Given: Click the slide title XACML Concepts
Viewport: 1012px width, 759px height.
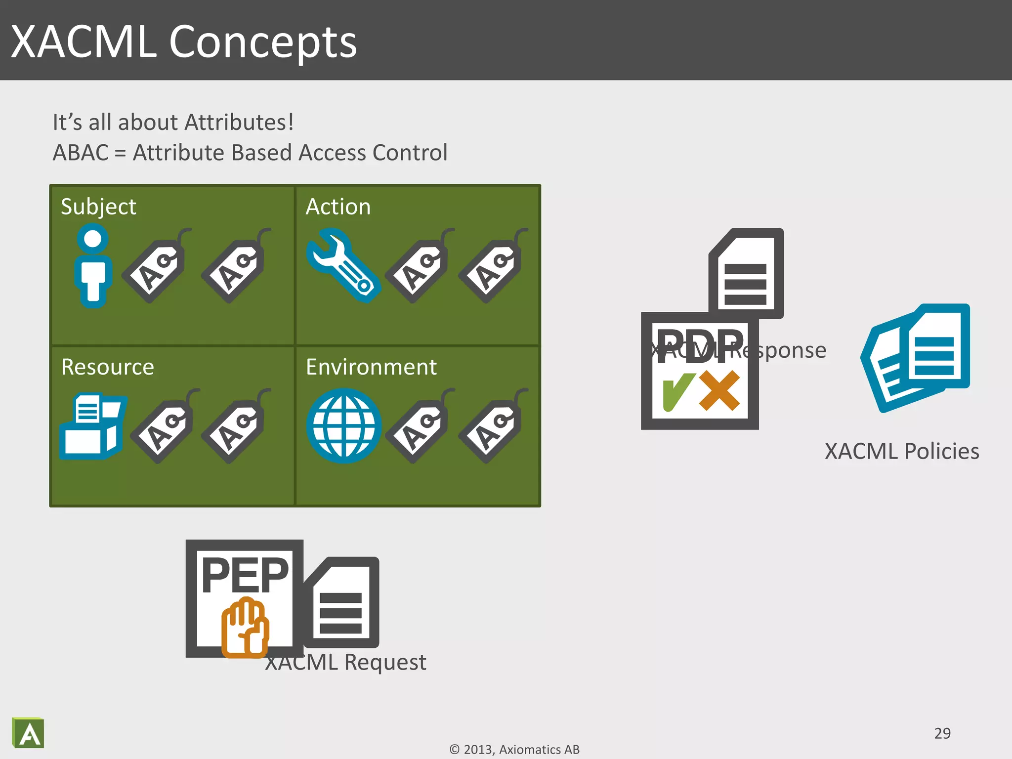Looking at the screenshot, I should click(184, 42).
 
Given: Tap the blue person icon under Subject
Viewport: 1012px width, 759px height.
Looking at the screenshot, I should click(93, 265).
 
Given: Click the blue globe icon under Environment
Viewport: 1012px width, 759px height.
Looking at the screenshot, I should click(343, 425).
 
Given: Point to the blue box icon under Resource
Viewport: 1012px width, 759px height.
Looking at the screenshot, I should click(92, 426).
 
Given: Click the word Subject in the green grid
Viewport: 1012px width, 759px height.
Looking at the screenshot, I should click(98, 207).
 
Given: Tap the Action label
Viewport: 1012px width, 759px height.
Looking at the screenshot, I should click(338, 207).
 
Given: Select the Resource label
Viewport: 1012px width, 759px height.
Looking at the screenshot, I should click(107, 367).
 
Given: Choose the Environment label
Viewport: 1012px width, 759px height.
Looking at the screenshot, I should click(371, 367).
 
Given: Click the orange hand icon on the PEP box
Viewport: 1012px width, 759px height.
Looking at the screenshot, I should click(245, 628).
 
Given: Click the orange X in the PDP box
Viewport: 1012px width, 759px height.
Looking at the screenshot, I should click(720, 391).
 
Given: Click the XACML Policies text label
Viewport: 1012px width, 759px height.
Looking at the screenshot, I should click(902, 451).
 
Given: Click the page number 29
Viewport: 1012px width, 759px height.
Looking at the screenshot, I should click(942, 733).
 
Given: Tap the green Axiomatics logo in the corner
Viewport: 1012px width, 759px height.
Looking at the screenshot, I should click(28, 733).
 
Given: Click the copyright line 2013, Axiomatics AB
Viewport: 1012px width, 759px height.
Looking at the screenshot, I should click(514, 750).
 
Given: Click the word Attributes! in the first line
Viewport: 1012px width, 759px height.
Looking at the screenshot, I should click(239, 122).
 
